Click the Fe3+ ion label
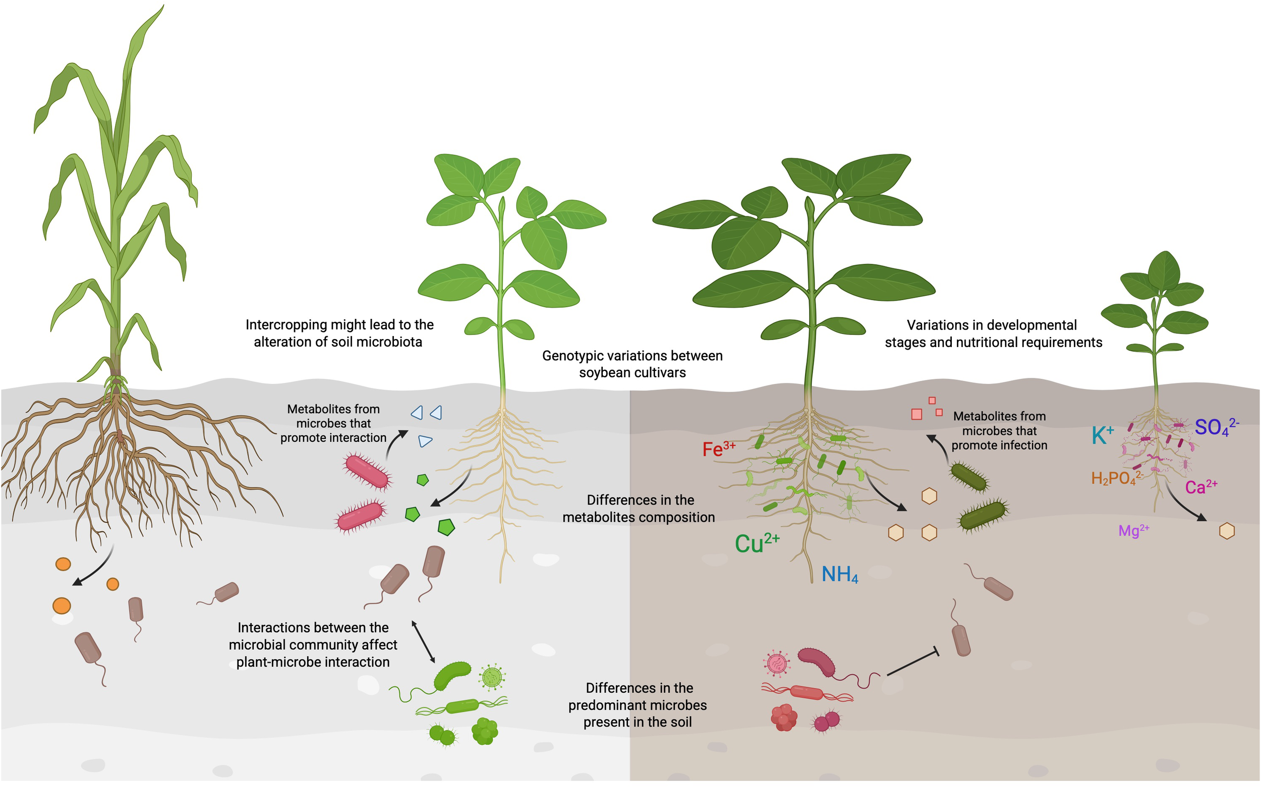click(719, 448)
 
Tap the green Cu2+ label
click(757, 543)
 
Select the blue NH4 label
click(839, 574)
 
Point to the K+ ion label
click(1103, 435)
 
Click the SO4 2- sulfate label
click(1216, 427)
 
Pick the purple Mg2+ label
click(1133, 531)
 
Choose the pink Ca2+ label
click(1200, 487)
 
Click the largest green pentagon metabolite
click(446, 527)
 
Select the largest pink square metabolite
click(916, 414)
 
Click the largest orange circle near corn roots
click(62, 605)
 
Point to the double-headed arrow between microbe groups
click(423, 642)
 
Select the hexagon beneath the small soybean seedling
click(1227, 531)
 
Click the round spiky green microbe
click(492, 677)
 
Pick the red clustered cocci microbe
click(783, 718)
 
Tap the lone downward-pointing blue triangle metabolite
click(425, 441)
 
